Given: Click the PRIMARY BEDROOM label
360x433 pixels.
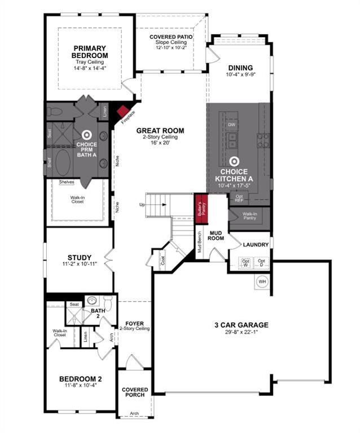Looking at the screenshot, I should click(90, 51).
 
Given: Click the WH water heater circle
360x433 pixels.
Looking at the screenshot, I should click(262, 281).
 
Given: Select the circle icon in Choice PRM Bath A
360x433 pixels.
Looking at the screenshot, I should click(86, 135).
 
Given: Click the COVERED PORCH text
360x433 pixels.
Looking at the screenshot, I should click(135, 392).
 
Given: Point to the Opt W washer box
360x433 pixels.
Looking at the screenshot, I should click(245, 262).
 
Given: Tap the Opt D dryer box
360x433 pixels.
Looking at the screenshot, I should click(261, 262).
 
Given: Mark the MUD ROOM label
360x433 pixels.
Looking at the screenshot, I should click(217, 235).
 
